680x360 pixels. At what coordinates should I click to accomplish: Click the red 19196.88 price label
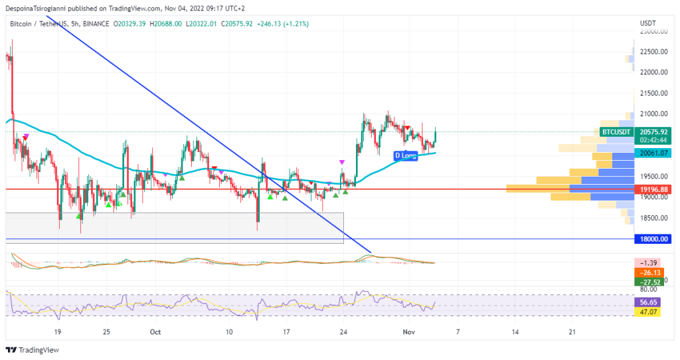tap(652, 189)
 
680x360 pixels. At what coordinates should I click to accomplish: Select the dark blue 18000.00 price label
tap(652, 239)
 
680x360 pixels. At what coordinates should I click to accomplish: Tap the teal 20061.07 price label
tap(652, 153)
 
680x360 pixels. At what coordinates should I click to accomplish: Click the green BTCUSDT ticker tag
tap(615, 132)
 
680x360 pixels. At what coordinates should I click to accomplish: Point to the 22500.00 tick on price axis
tap(652, 52)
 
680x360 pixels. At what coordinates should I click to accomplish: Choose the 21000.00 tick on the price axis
tap(652, 114)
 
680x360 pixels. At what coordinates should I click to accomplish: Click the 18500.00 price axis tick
tap(652, 218)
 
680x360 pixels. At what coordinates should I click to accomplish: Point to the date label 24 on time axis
tap(343, 331)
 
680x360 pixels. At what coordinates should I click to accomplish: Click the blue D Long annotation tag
tap(405, 155)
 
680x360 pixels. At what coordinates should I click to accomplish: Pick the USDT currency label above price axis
tap(648, 23)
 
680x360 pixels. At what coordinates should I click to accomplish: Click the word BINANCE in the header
tap(96, 24)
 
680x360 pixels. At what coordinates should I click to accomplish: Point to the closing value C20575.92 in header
tap(246, 24)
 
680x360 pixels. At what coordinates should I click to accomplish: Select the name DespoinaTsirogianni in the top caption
tap(41, 9)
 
